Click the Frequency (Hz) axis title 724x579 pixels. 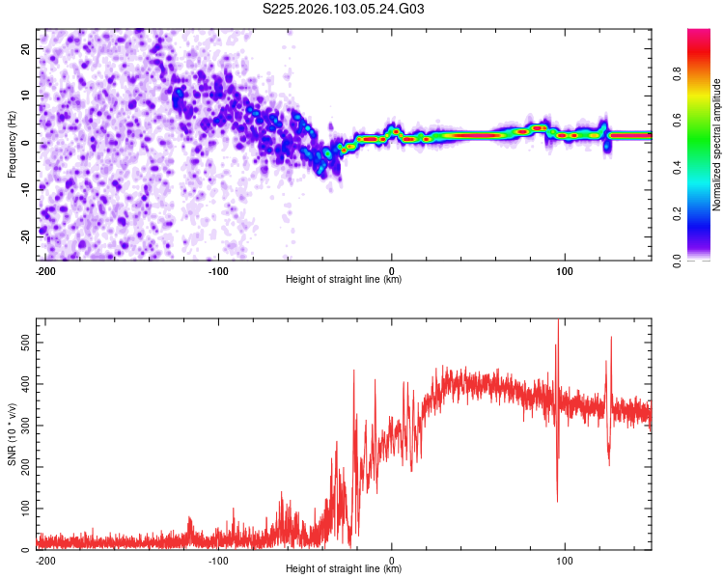(12, 144)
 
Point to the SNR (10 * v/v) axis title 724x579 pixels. (12, 434)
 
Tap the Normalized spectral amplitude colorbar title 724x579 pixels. (716, 145)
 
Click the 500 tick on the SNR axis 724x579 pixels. (22, 343)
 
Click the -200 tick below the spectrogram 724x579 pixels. (44, 269)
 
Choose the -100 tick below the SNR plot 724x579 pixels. (218, 560)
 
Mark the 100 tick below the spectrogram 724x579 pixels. (565, 269)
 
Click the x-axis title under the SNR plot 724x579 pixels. (344, 569)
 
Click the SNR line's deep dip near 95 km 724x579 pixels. (557, 499)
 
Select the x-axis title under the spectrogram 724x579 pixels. (344, 279)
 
